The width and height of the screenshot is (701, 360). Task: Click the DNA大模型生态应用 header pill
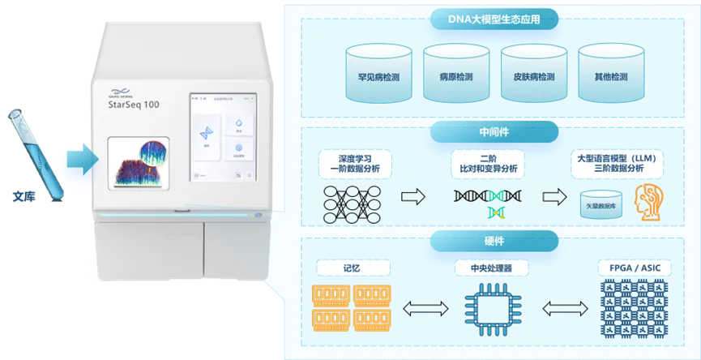pyautogui.click(x=494, y=19)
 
